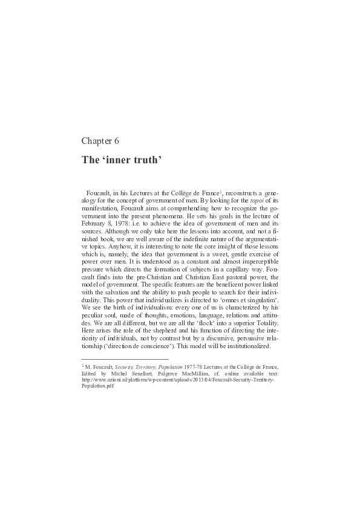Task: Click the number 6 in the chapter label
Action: [x=116, y=141]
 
